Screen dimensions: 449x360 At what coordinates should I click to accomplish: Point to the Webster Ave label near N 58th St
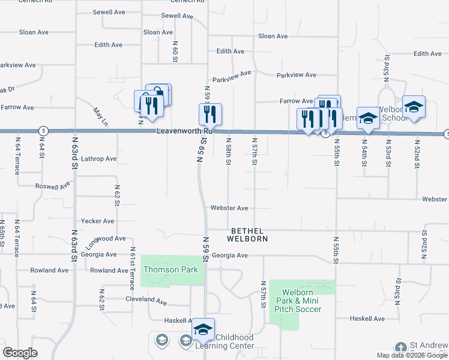point(229,208)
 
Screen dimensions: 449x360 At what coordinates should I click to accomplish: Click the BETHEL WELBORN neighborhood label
point(247,235)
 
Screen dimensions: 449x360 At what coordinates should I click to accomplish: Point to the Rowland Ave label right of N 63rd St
point(109,271)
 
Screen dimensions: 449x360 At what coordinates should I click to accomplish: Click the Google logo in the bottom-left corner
point(20,353)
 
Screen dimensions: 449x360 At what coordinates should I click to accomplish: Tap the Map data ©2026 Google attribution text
point(412,355)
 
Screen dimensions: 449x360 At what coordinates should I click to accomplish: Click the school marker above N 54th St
point(367,118)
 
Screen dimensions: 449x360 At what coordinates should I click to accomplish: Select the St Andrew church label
point(427,346)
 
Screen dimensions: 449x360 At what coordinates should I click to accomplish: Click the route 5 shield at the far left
point(43,130)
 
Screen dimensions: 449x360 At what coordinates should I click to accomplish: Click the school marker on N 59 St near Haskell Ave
point(203,328)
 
